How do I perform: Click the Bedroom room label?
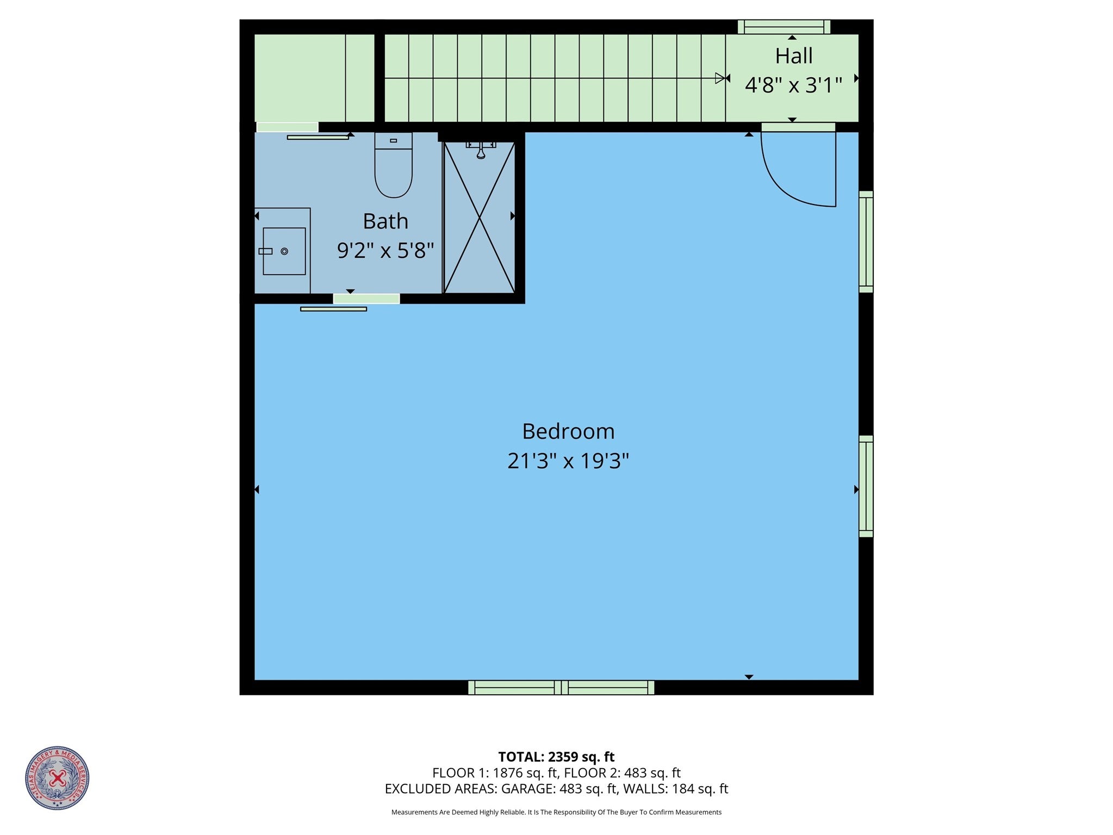coord(568,431)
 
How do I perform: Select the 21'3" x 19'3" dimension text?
coord(568,461)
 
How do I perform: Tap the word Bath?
coord(385,221)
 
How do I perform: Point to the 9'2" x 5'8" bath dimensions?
coord(385,251)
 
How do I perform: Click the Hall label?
coord(793,56)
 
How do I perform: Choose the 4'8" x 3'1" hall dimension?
coord(793,85)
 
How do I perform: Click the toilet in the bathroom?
coord(393,166)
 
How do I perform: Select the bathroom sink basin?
coord(284,251)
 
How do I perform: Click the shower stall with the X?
coord(480,218)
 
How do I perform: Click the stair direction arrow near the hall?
coord(721,78)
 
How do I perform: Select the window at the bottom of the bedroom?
coord(561,688)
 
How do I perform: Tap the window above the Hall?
coord(784,27)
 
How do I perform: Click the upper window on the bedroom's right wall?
coord(866,242)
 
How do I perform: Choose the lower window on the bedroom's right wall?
coord(866,486)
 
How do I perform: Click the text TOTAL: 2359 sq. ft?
coord(556,757)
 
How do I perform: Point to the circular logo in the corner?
coord(57,778)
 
